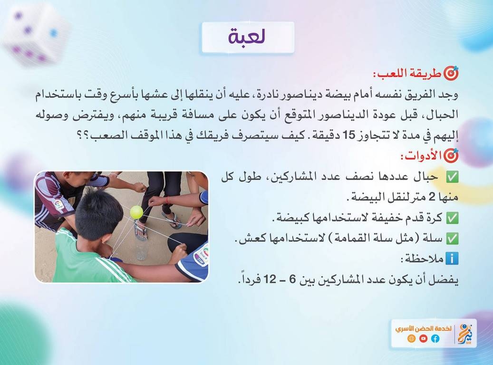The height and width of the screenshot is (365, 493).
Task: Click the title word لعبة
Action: coord(247,36)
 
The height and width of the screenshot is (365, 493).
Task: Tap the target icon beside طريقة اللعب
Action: coord(451,73)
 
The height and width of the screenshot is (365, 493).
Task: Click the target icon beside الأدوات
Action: coord(451,155)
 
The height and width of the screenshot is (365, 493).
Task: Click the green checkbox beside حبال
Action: coord(453,177)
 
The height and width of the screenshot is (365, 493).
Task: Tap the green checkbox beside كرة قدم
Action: coord(453,218)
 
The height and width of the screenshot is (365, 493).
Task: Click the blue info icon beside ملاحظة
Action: coord(453,259)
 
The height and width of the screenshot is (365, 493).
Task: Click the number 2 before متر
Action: coord(432,197)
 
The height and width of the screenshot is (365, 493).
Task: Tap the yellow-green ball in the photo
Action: coord(136,212)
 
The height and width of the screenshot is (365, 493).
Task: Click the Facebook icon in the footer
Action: coord(435,338)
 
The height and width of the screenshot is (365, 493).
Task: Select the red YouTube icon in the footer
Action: coord(423,338)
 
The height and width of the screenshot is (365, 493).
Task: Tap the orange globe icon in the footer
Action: coord(411,338)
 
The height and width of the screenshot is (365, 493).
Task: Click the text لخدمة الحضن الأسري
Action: coord(423,328)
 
